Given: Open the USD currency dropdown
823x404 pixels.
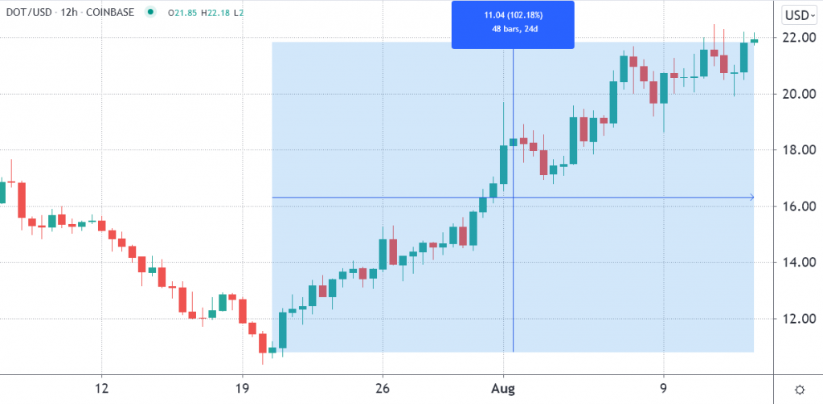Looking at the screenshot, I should (800, 15).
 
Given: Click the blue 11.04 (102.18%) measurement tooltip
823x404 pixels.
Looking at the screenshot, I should (513, 24).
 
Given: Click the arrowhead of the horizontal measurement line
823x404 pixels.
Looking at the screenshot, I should (751, 197).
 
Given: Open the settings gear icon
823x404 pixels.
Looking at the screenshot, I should (800, 389).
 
